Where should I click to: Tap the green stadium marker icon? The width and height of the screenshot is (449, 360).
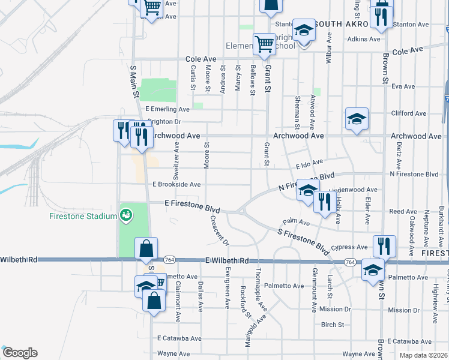point(125,214)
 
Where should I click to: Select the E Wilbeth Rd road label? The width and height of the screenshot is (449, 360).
point(226,260)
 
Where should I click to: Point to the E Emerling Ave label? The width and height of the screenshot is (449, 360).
point(167,109)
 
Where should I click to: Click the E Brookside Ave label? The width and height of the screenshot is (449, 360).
point(176,185)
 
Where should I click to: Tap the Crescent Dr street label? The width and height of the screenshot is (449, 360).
point(220,230)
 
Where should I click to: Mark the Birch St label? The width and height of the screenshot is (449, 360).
point(332,325)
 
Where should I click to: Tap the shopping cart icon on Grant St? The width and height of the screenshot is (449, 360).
point(264,43)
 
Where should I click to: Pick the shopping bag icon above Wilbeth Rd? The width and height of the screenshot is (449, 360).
point(146,247)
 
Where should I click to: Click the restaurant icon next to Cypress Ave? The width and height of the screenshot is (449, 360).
point(384,245)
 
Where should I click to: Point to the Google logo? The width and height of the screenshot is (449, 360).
point(19,353)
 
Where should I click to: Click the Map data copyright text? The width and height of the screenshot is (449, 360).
point(423,355)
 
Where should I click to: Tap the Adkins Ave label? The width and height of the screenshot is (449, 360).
point(364,40)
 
